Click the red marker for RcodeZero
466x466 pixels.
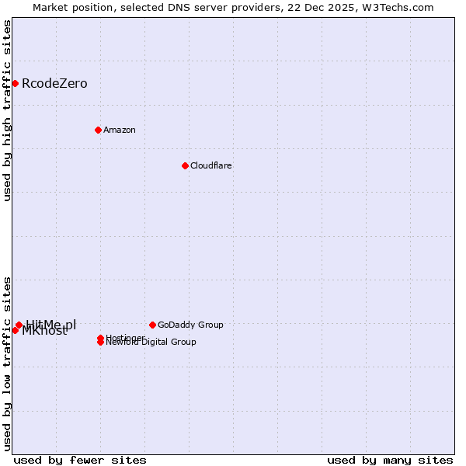[15, 83]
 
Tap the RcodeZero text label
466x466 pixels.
[54, 84]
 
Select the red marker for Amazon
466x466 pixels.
[98, 130]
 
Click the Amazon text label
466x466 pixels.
[120, 130]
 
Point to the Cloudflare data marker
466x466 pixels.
[185, 165]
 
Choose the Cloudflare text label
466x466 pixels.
[211, 166]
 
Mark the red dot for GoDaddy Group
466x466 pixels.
[152, 325]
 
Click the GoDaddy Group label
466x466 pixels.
[190, 325]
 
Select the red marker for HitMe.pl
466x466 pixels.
[19, 325]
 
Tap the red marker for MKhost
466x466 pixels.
[15, 330]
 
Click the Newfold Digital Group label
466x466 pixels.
[152, 343]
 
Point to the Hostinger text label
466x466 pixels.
[124, 338]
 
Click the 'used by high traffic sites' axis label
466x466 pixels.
[8, 110]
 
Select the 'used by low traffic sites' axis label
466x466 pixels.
[8, 363]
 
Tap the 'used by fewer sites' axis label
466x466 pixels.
[80, 461]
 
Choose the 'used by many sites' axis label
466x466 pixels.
[390, 461]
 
